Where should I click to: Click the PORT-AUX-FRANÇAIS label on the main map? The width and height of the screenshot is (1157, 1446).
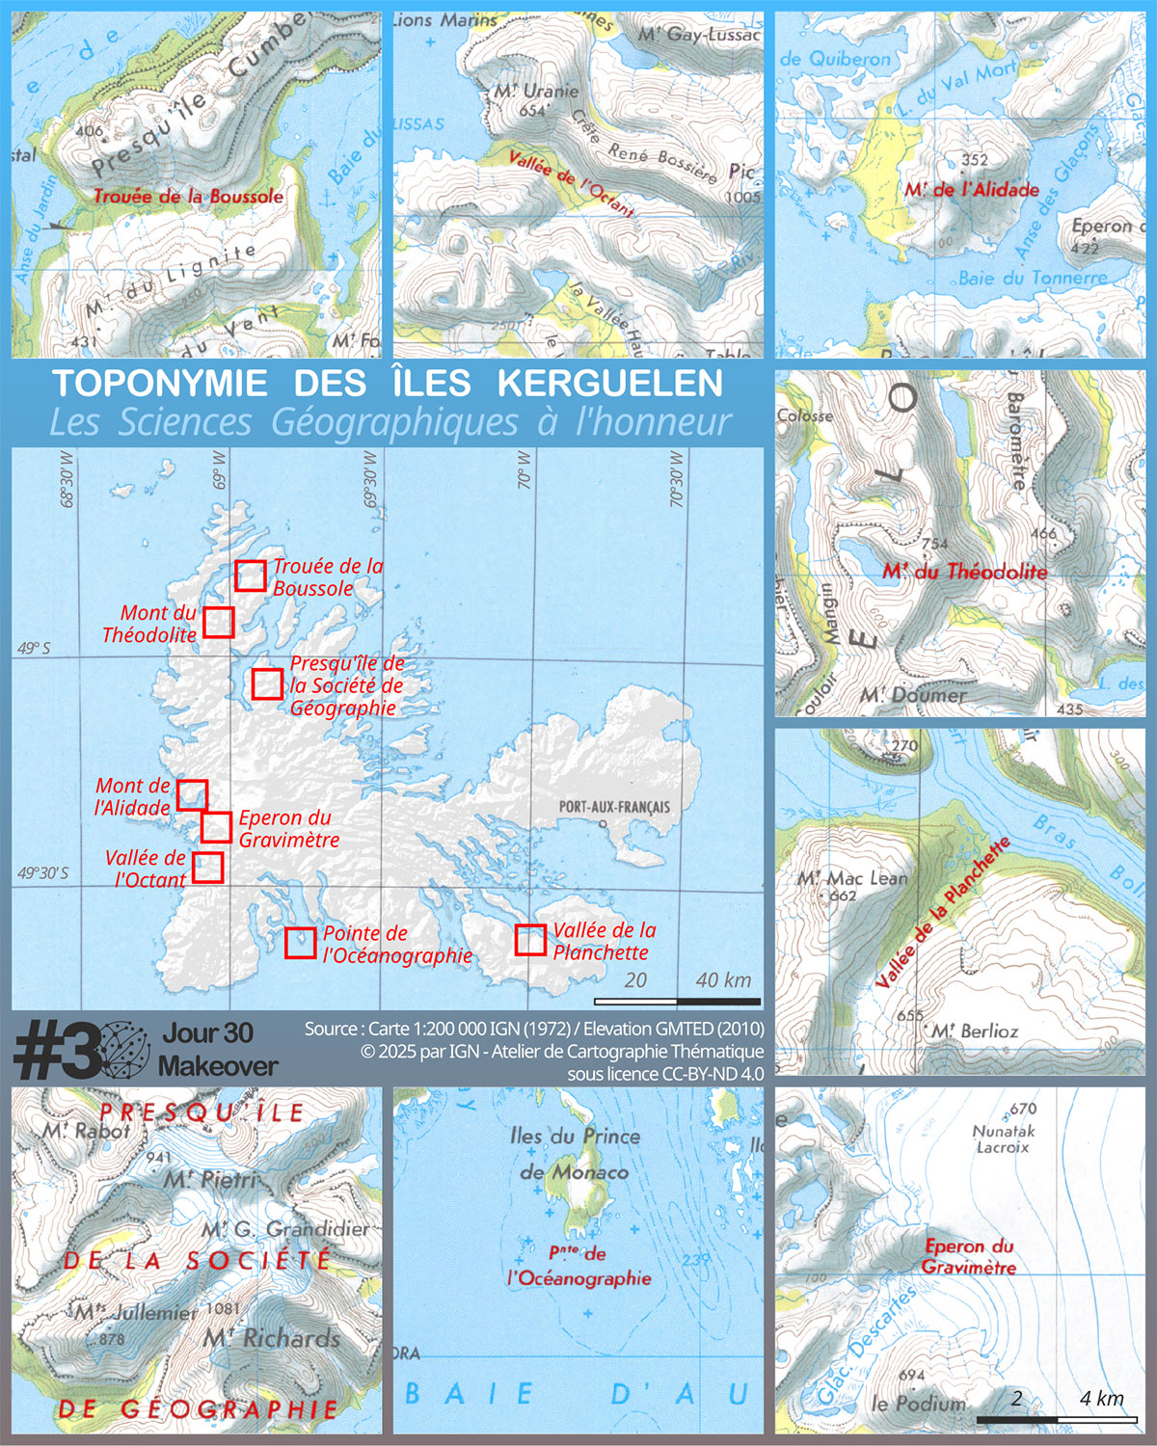[x=614, y=807]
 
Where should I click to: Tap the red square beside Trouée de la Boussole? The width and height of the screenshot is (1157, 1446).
[x=251, y=576]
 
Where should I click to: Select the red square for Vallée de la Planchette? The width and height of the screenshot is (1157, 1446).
[x=530, y=940]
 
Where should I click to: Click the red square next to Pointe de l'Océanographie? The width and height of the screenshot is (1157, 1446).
[x=301, y=943]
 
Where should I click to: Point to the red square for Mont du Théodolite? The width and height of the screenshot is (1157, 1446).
[x=219, y=622]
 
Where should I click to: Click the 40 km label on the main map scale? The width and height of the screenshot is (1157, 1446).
[x=723, y=980]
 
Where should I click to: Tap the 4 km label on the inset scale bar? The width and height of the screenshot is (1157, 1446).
[x=1101, y=1399]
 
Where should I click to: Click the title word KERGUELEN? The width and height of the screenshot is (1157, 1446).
[x=609, y=384]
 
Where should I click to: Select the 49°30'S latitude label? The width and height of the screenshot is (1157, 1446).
[x=43, y=873]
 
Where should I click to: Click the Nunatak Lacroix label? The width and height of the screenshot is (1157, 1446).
[x=1003, y=1138]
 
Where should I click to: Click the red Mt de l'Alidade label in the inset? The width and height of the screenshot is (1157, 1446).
[x=972, y=190]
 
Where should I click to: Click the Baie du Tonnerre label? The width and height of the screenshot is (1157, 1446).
[x=1033, y=279]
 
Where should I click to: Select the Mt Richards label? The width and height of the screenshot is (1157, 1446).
[x=272, y=1338]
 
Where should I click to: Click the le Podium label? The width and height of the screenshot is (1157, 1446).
[x=918, y=1404]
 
